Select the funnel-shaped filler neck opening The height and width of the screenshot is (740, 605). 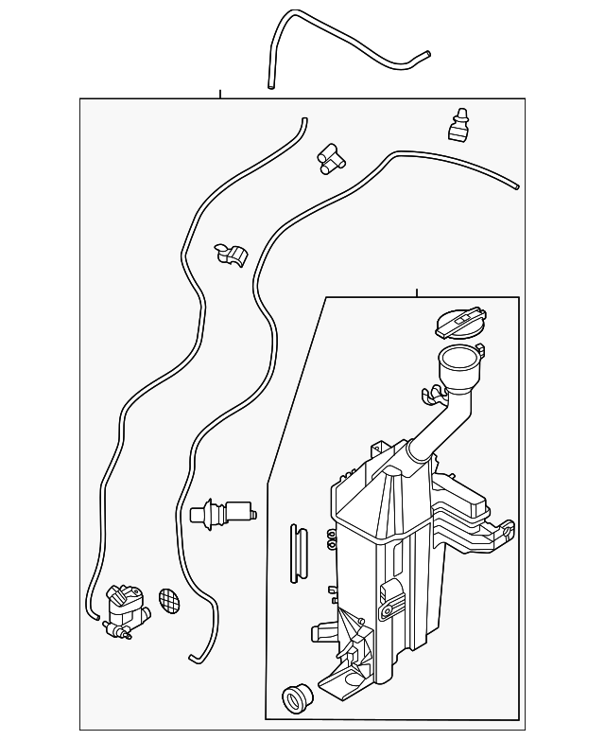[458, 361]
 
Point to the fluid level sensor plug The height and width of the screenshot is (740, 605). [224, 515]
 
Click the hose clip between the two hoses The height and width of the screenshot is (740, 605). [230, 255]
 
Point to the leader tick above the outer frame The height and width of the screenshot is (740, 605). [220, 95]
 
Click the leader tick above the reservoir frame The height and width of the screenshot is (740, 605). [416, 292]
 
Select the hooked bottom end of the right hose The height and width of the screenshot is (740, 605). [195, 655]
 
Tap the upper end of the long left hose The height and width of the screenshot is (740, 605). [304, 120]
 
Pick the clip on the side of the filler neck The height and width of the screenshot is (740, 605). [434, 390]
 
